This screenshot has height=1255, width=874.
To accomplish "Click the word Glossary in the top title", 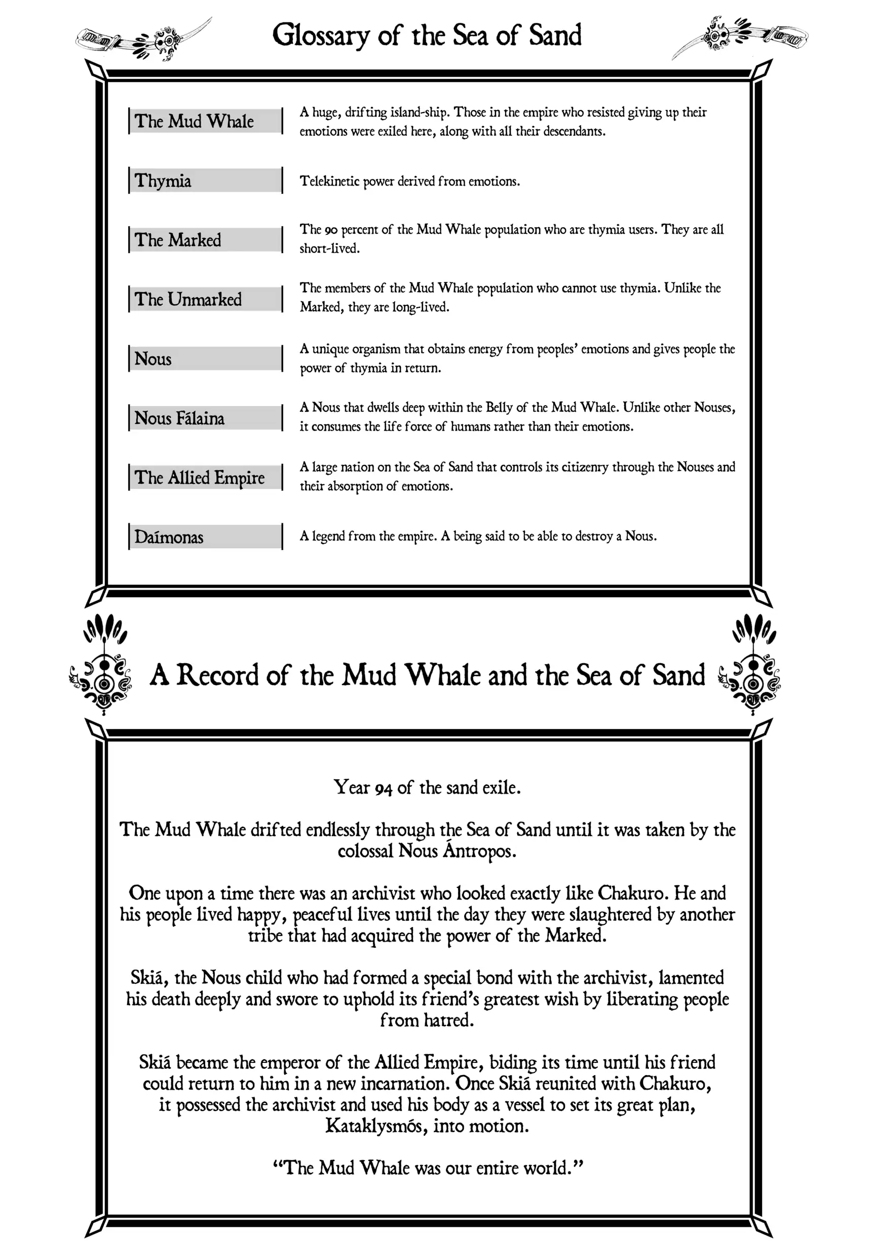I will point(321,35).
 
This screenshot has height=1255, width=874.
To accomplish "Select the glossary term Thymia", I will point(163,181).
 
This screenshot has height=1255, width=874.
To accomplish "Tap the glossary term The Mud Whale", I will point(194,121).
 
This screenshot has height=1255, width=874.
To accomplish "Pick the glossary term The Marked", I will point(177,240).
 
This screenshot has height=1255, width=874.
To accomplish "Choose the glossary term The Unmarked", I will point(188,300).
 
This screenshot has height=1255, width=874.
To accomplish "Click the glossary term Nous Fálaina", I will point(179,418).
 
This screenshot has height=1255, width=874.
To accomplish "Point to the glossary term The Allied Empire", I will point(200,478).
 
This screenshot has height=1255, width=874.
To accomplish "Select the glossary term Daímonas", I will point(169,537).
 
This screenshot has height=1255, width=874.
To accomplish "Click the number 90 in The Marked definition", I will point(331,230).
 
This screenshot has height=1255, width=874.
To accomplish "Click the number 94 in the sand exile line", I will point(384,788).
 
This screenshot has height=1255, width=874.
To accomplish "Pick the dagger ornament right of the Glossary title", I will point(740,36).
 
